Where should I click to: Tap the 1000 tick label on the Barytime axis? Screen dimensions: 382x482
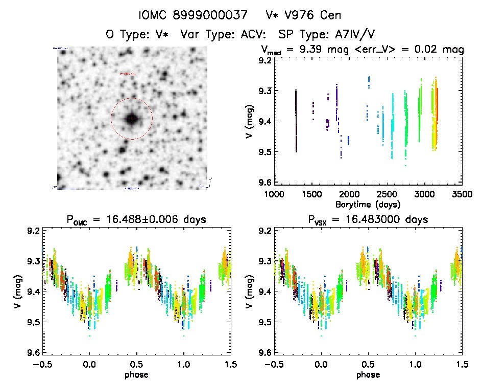[274, 195]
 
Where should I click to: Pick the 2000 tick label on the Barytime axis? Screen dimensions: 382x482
[349, 195]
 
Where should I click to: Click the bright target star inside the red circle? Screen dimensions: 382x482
[132, 119]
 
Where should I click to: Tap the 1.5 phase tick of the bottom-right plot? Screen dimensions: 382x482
[462, 365]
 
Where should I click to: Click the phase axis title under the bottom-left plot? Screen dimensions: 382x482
[137, 374]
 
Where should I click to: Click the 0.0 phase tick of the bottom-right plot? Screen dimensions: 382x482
[321, 365]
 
